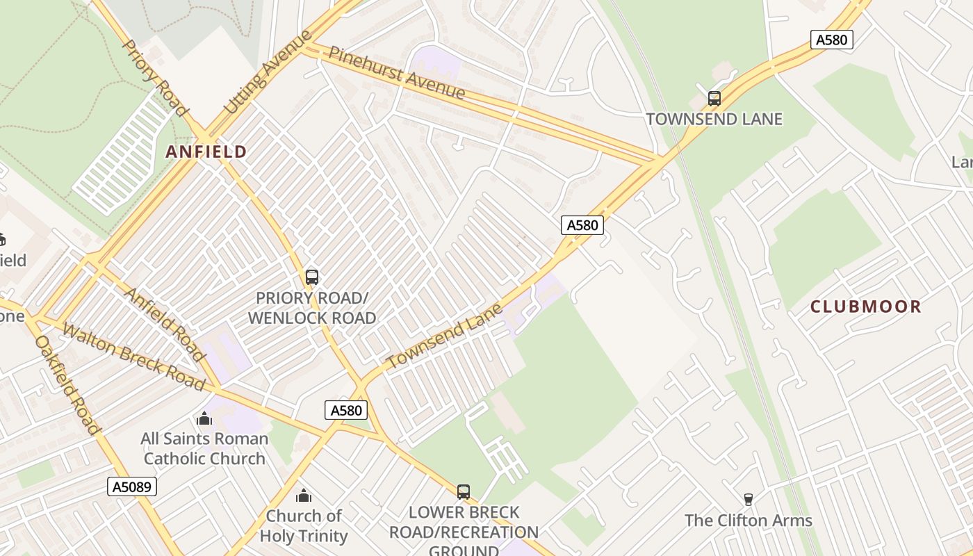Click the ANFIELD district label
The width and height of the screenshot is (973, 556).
[206, 152]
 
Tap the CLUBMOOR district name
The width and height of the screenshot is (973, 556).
[865, 306]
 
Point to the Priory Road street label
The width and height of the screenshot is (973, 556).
[155, 78]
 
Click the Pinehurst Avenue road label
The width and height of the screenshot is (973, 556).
[397, 72]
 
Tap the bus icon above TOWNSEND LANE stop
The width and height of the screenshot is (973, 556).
[714, 99]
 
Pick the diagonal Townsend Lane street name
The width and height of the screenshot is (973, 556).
[444, 336]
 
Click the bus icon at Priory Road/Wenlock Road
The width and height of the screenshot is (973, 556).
[312, 277]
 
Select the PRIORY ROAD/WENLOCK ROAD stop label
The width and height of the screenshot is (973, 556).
[312, 308]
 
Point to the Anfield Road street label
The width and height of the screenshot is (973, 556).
[165, 325]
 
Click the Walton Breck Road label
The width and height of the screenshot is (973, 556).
[133, 356]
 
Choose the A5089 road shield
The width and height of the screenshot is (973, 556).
[132, 486]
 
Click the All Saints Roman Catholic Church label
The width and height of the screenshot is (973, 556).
[204, 448]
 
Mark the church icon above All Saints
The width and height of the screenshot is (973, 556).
[204, 418]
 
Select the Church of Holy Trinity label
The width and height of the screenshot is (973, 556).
[304, 526]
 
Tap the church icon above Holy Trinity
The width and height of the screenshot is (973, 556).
[304, 496]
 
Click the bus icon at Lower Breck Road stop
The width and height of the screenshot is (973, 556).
[464, 492]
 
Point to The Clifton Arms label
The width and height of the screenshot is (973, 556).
[749, 521]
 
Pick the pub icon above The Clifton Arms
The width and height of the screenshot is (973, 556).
[749, 499]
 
